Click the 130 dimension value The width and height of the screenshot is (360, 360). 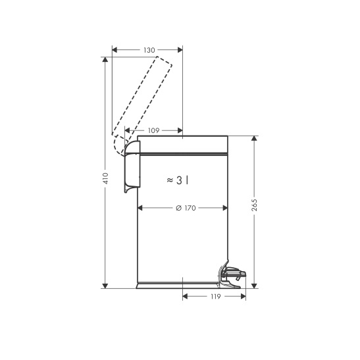click(x=149, y=50)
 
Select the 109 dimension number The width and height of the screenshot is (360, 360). click(x=153, y=130)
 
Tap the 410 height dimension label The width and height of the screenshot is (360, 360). click(x=105, y=178)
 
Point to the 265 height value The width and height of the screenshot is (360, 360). click(x=254, y=205)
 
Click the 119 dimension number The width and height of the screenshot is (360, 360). click(x=216, y=297)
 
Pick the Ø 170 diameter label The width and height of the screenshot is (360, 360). click(x=186, y=208)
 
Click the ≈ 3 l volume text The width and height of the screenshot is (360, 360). click(x=178, y=180)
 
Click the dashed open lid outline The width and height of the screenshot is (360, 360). click(x=141, y=106)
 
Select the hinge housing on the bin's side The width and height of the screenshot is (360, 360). click(x=132, y=167)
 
